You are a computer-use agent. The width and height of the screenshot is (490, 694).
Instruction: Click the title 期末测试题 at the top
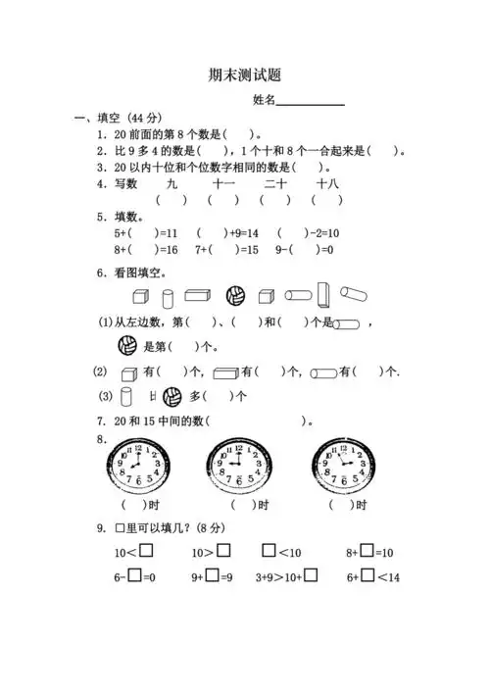(244, 74)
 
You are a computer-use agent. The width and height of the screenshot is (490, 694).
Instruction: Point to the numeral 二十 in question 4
(275, 183)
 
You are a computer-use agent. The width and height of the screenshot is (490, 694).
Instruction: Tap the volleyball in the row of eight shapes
(235, 295)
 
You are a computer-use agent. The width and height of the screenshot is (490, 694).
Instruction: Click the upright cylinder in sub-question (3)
(124, 397)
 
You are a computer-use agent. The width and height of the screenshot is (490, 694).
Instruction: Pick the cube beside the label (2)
(126, 372)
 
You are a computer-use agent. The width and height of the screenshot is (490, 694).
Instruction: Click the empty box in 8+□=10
(367, 552)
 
